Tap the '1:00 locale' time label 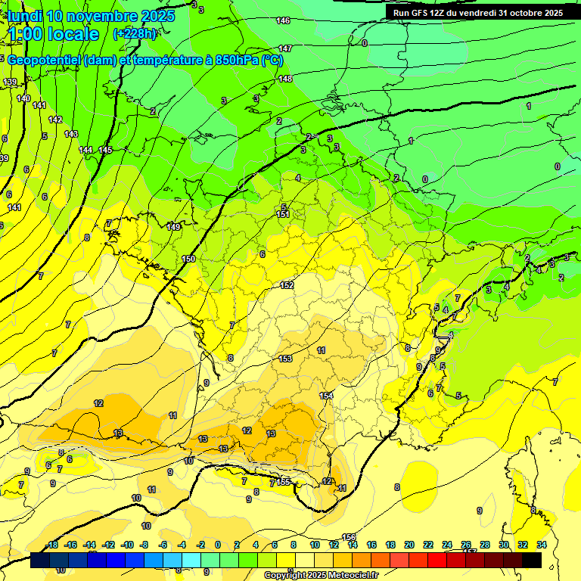54,35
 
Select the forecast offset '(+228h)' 135,34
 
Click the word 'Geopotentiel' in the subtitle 44,61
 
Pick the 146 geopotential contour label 283,20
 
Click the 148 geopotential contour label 285,79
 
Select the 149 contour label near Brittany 174,227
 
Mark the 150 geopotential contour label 188,259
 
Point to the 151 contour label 283,215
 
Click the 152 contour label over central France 287,285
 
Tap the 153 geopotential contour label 285,359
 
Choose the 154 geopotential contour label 326,396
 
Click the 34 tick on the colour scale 541,545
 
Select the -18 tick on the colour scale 52,545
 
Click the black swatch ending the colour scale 532,560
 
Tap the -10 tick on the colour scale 126,545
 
